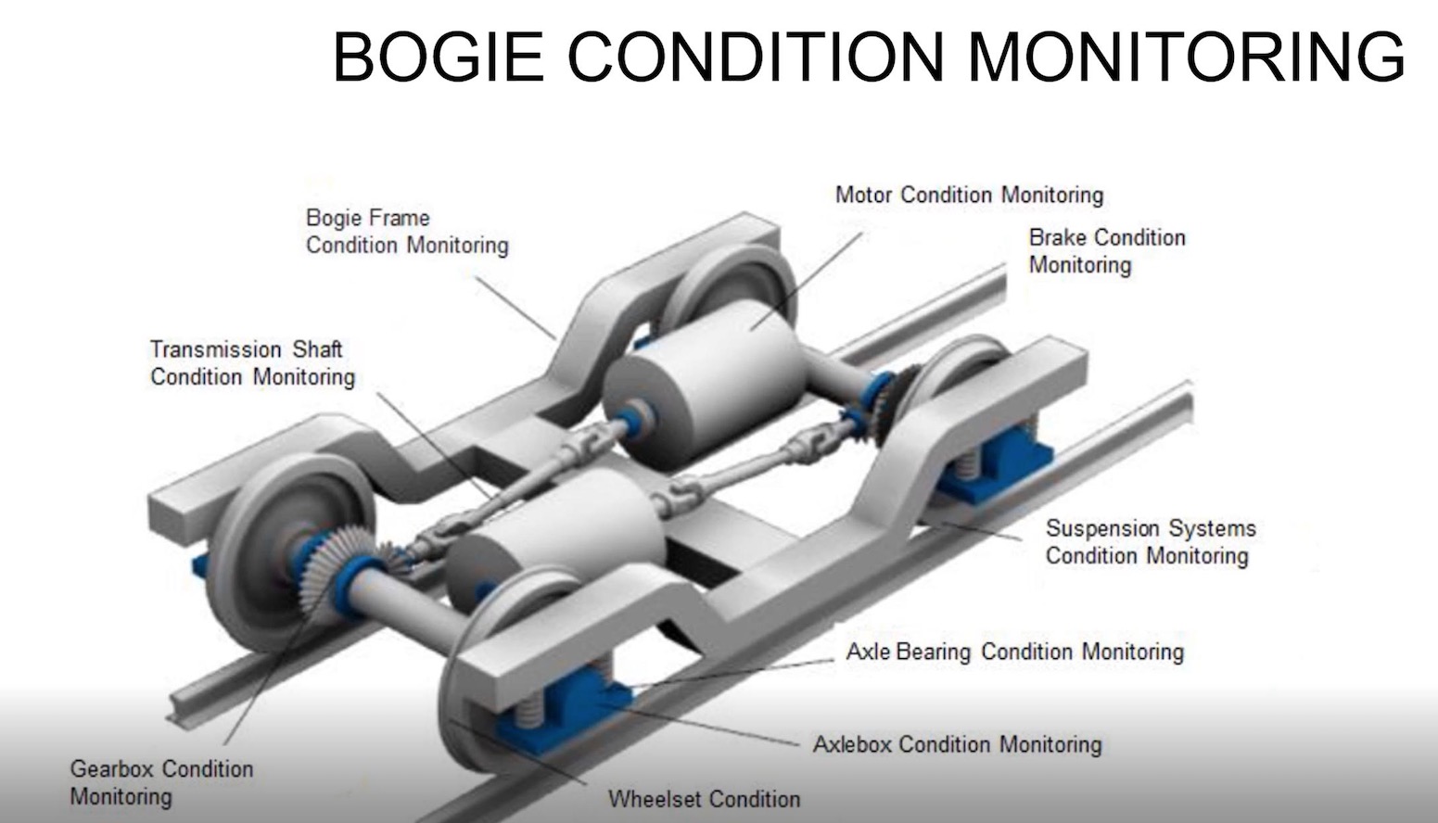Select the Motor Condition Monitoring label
969,196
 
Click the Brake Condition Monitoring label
1106,251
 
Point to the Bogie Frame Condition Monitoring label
406,232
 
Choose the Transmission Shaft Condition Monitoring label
252,363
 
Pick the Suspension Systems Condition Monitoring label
1150,542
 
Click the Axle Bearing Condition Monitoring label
1014,652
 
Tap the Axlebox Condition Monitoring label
957,744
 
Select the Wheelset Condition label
704,799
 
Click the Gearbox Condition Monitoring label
160,782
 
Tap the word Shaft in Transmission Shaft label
317,350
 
